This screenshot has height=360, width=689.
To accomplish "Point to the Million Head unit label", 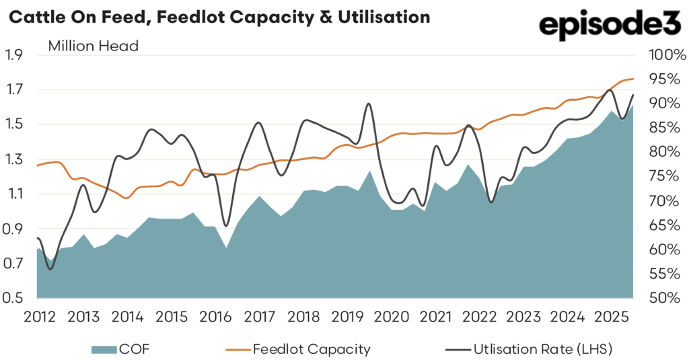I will point(93,46).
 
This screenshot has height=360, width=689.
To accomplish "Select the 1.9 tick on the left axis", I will point(15,55).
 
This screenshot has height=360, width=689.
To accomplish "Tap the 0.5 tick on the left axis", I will point(15,298).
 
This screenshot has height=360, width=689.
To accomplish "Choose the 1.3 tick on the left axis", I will point(15,159).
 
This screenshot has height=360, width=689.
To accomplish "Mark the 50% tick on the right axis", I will point(663,298).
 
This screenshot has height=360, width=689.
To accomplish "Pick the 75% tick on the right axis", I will point(663,176).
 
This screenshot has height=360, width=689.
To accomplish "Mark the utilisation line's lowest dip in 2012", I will point(50,269).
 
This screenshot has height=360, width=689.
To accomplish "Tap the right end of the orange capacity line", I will point(633,79).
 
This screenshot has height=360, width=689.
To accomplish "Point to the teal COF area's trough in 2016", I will point(226,248).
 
